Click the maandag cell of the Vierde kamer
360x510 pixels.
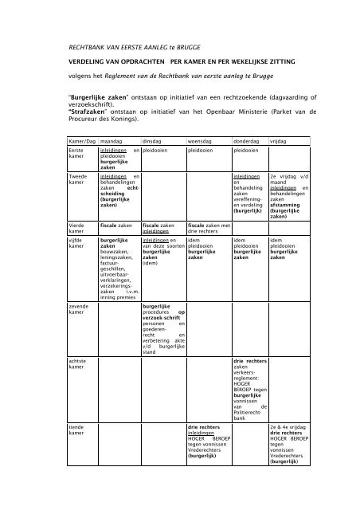pos(115,226)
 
